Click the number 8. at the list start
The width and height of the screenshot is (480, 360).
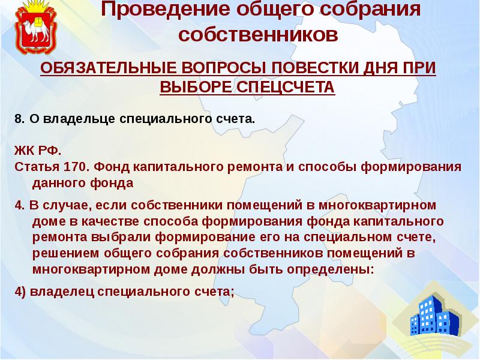(19, 119)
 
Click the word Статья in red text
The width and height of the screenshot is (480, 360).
(35, 167)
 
